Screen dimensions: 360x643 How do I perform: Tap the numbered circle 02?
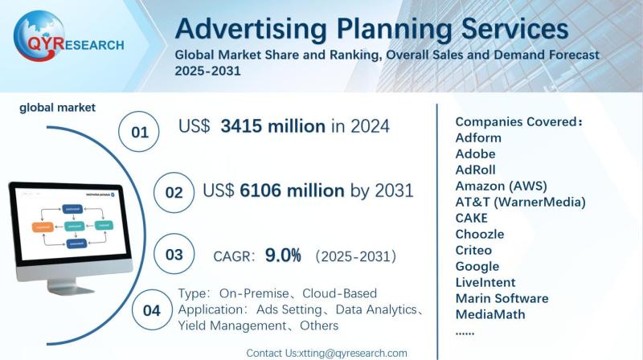174,193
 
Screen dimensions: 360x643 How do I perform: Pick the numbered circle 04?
151,310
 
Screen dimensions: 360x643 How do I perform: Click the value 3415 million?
273,126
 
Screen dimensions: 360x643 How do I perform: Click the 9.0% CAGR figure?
283,256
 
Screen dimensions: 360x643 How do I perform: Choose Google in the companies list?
477,266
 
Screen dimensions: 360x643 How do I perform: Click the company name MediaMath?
489,314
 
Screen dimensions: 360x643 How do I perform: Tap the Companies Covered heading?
518,121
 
